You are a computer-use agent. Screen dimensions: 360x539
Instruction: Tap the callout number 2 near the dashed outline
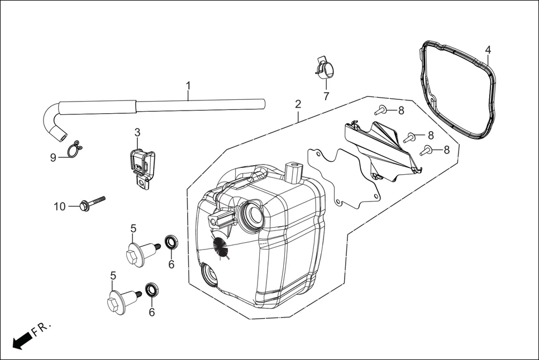point(298,104)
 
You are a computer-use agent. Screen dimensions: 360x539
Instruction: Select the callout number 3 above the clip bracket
point(137,132)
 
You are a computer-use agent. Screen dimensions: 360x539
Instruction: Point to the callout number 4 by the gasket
point(488,50)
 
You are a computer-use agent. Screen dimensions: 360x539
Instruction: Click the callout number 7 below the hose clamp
point(326,96)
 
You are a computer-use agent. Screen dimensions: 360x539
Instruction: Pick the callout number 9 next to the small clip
point(53,157)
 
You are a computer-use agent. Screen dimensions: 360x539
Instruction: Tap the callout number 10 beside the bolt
point(60,207)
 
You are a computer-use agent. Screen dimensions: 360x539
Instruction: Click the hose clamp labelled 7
point(324,69)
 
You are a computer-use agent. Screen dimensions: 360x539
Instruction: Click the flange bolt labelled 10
point(91,203)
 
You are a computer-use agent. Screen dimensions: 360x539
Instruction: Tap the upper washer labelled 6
point(171,243)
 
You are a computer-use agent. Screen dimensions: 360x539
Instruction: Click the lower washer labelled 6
point(152,290)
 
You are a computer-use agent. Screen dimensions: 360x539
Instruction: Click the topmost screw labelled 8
point(381,109)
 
